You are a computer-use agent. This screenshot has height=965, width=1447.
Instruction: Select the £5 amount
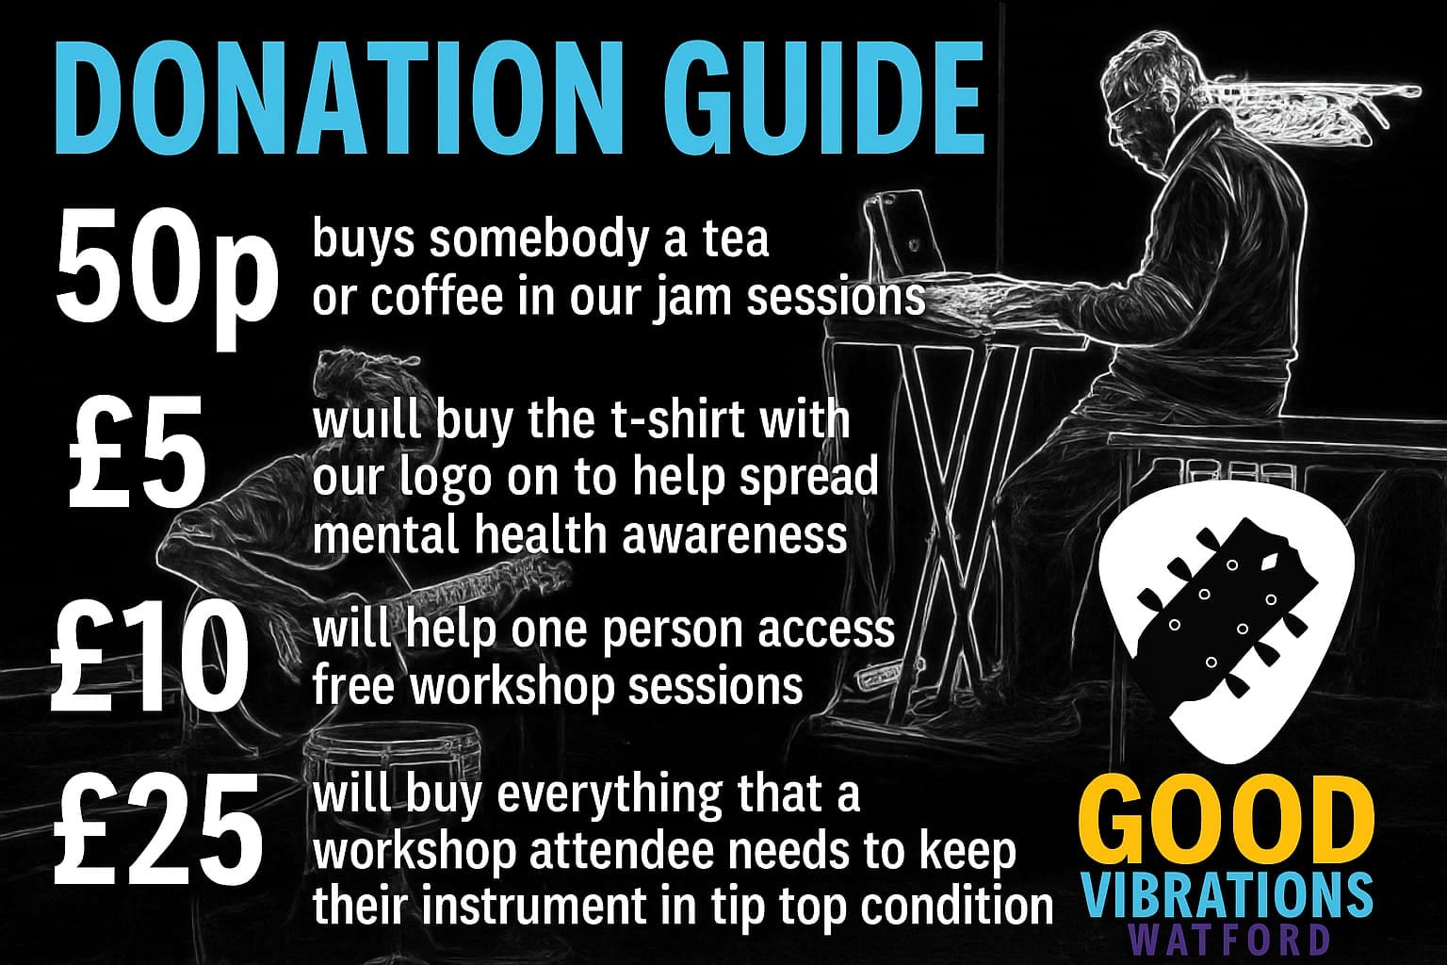point(138,452)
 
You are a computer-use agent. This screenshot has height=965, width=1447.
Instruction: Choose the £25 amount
point(158,830)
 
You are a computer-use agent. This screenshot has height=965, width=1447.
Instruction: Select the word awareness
point(734,535)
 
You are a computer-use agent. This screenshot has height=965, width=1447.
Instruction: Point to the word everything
point(610,796)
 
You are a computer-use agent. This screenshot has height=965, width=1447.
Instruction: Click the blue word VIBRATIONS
point(1225,894)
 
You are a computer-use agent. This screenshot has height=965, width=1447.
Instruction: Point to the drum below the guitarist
point(391,762)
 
